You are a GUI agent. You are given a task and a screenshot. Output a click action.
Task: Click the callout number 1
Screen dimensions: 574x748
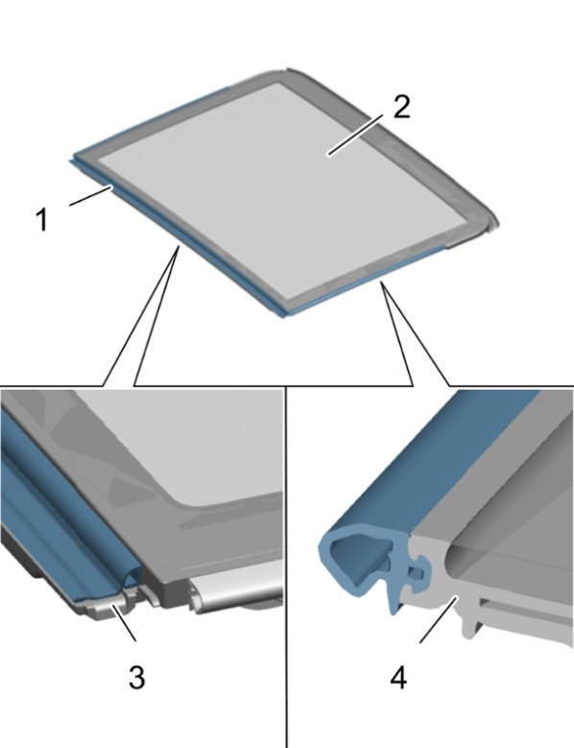tap(42, 220)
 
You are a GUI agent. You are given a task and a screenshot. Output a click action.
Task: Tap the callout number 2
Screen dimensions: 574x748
tap(401, 107)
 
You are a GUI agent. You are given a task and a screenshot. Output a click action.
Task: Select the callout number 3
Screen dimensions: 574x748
tap(137, 677)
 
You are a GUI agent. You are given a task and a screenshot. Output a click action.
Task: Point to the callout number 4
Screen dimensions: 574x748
tap(398, 677)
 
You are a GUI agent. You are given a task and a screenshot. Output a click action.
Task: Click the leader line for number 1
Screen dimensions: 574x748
tap(91, 197)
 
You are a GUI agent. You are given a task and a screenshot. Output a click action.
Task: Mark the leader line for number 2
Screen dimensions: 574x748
tap(355, 135)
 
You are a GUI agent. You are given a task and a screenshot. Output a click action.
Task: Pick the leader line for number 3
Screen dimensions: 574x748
tap(124, 622)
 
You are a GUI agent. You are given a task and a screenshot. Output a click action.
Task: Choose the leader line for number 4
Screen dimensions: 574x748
tap(439, 620)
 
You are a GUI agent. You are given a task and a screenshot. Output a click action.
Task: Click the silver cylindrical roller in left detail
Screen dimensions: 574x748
tap(236, 588)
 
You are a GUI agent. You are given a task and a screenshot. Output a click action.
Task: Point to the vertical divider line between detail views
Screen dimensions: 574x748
tap(286, 567)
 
